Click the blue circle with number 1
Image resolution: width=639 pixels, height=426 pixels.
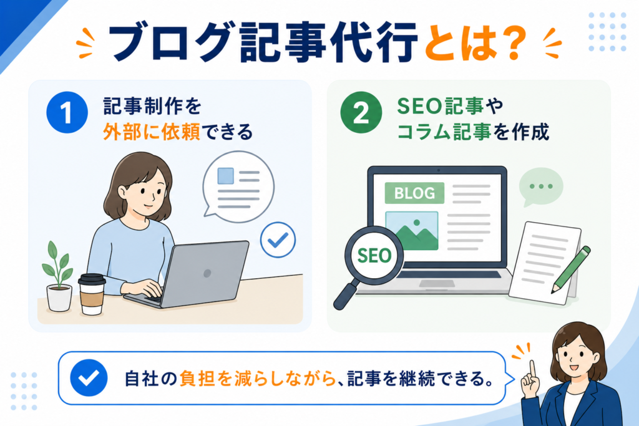point(67,112)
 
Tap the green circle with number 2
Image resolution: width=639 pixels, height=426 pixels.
point(361,112)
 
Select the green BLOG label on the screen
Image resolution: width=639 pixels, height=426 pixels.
point(414,193)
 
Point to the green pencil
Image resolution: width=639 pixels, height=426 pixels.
point(570,269)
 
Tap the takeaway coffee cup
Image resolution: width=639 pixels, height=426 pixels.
point(92,294)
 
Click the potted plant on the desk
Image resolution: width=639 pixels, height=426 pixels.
point(58,276)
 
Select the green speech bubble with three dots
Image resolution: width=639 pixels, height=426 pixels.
point(541,187)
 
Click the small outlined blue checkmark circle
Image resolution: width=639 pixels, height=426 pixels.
point(278,240)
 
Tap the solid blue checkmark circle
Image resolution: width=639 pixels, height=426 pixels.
point(89,378)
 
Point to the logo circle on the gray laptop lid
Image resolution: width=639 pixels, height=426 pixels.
point(207,273)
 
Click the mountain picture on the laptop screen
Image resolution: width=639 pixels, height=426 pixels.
point(412,230)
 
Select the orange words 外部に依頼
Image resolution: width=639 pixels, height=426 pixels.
point(151,132)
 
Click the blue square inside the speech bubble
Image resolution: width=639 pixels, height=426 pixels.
point(226,176)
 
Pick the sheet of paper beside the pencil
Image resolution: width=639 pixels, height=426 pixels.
point(545,263)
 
